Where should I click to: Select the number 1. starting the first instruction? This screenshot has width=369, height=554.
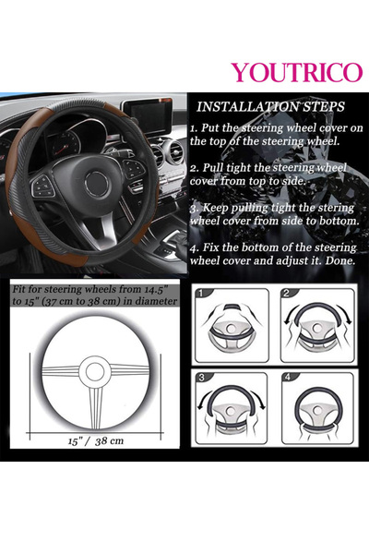(x=194, y=128)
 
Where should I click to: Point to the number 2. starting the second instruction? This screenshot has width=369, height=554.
(x=194, y=169)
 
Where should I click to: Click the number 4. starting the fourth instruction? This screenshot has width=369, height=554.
(x=194, y=247)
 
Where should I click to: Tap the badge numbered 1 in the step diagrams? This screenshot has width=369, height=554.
(x=202, y=294)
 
